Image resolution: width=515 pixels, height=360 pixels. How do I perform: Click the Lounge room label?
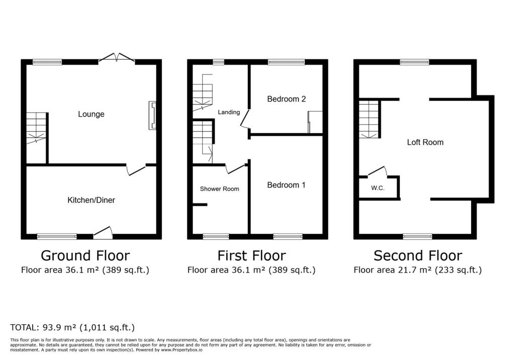pyautogui.click(x=91, y=114)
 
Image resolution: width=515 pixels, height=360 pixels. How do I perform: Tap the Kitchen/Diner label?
pyautogui.click(x=91, y=200)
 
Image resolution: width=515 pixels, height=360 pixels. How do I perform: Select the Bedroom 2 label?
pyautogui.click(x=286, y=99)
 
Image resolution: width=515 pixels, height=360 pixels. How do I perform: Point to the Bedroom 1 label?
pyautogui.click(x=286, y=185)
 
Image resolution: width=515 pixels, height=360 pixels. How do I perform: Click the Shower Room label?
pyautogui.click(x=219, y=189)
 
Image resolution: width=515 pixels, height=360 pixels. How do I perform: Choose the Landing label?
pyautogui.click(x=228, y=112)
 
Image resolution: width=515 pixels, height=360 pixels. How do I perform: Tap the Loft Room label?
pyautogui.click(x=425, y=142)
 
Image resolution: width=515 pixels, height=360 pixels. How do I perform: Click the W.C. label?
pyautogui.click(x=378, y=189)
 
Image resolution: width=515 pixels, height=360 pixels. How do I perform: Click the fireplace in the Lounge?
pyautogui.click(x=152, y=116)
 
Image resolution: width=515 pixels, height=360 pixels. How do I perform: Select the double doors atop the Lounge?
pyautogui.click(x=117, y=58)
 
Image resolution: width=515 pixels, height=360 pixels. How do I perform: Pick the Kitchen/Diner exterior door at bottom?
pyautogui.click(x=103, y=232)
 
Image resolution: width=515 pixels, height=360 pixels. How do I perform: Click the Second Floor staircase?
pyautogui.click(x=369, y=119)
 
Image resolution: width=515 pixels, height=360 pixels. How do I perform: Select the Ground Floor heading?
pyautogui.click(x=85, y=255)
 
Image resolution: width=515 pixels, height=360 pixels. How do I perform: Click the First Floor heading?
pyautogui.click(x=251, y=255)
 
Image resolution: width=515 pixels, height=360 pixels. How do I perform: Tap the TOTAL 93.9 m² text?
pyautogui.click(x=72, y=327)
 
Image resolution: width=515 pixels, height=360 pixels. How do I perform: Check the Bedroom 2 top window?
pyautogui.click(x=286, y=62)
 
